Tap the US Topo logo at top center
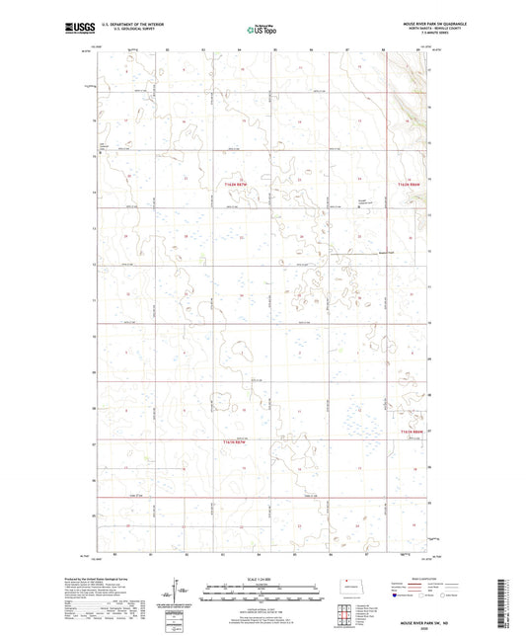[x=259, y=32]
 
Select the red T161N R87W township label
[x=237, y=440]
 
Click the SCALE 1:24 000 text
[x=263, y=579]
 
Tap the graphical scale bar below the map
[x=263, y=594]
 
